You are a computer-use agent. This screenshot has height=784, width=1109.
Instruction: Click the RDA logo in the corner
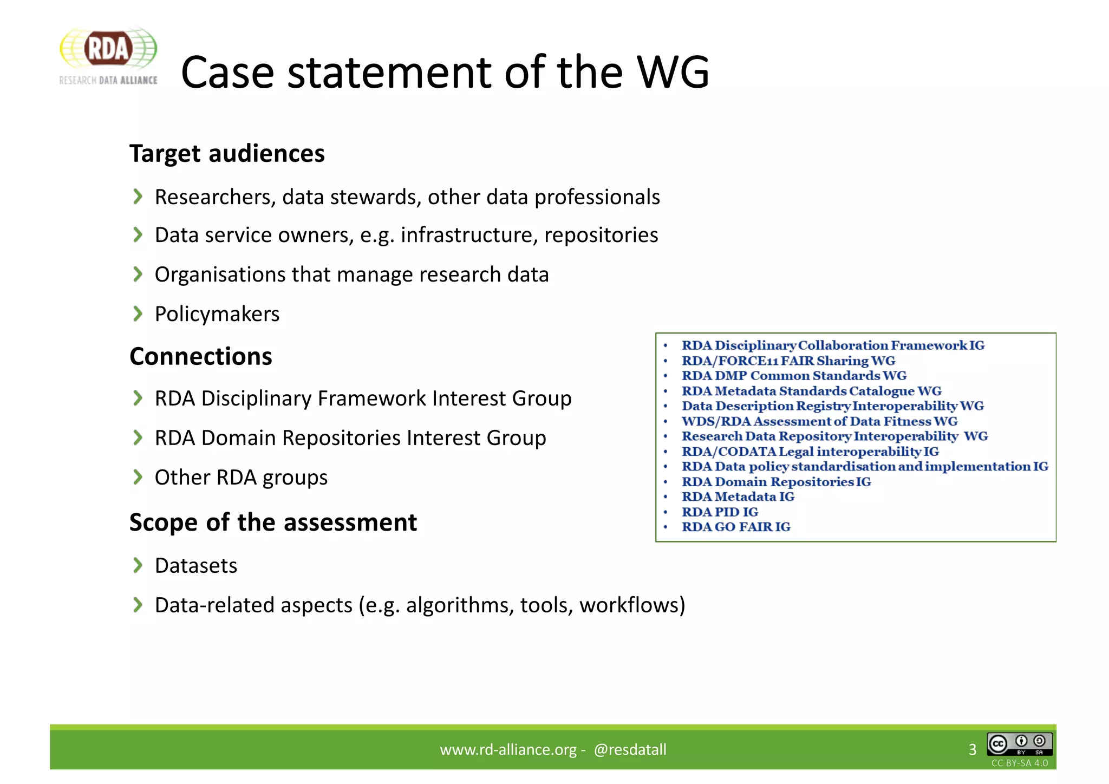tap(108, 56)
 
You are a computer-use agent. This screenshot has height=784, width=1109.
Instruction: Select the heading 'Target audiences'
tap(227, 154)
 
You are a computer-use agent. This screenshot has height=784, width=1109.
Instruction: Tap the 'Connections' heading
tap(201, 357)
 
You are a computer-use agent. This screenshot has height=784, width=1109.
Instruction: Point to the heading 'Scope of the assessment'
tap(273, 522)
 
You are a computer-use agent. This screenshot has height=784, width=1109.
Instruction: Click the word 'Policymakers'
tap(217, 314)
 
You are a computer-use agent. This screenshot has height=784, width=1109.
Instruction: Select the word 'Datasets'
tap(196, 566)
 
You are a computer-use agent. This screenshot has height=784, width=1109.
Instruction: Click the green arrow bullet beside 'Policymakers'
tap(138, 313)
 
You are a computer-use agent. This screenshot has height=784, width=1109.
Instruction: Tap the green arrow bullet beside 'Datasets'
tap(138, 565)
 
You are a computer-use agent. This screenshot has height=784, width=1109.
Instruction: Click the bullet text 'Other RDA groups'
tap(241, 478)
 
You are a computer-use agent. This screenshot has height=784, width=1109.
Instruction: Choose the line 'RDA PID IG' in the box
tap(720, 512)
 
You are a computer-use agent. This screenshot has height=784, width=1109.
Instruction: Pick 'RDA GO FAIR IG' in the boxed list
tap(736, 527)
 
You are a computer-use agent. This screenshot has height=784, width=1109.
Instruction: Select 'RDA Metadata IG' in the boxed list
tap(738, 496)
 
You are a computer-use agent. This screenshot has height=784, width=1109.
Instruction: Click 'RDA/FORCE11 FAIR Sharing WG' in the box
tap(788, 361)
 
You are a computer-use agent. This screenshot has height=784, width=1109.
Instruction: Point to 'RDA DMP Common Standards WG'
tap(794, 376)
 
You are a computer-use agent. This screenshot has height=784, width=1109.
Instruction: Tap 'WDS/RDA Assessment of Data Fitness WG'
tap(819, 421)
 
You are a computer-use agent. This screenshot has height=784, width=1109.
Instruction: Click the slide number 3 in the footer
tap(972, 749)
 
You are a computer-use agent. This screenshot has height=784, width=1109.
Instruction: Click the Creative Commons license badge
tap(1019, 744)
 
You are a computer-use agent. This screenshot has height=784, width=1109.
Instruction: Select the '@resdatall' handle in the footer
tap(630, 749)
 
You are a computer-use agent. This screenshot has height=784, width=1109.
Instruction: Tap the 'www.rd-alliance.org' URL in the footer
tap(508, 749)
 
